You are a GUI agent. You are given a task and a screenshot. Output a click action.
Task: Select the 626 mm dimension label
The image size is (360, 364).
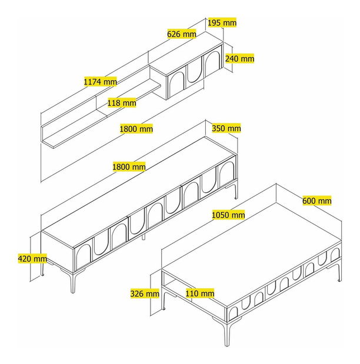(x=182, y=34)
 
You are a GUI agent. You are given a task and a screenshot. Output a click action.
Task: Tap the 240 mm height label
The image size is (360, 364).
(x=240, y=58)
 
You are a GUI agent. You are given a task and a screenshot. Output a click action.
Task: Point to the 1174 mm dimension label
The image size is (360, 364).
(x=100, y=82)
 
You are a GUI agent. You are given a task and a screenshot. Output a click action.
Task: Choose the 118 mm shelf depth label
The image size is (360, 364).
(x=122, y=103)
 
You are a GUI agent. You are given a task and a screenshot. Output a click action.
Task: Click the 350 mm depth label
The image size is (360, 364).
(x=226, y=128)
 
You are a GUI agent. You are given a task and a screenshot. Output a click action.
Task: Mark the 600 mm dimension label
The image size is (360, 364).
(x=316, y=201)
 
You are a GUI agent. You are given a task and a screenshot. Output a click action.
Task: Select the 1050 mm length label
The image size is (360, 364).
(x=228, y=215)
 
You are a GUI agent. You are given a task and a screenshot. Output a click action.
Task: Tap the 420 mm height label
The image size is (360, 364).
(x=32, y=258)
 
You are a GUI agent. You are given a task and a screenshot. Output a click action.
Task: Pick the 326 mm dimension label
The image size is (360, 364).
(x=145, y=293)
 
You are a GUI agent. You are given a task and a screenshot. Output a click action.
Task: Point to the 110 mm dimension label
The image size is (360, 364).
(x=199, y=293)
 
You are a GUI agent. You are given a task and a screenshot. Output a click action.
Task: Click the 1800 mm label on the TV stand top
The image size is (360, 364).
(x=129, y=166)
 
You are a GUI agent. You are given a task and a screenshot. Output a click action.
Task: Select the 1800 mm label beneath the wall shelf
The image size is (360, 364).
(x=136, y=128)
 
